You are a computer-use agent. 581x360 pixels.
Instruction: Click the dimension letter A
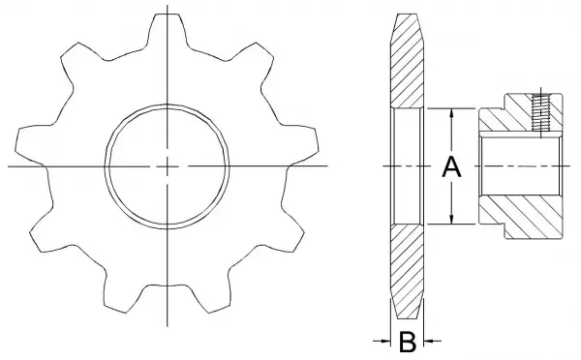(451, 167)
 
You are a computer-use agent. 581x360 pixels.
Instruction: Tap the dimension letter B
(408, 342)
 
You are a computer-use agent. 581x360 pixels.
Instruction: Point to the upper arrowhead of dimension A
(451, 113)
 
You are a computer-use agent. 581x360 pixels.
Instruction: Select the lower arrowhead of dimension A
(451, 219)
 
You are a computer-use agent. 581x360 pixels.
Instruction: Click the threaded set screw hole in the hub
(541, 112)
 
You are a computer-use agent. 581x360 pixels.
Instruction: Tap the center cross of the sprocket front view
(168, 166)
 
